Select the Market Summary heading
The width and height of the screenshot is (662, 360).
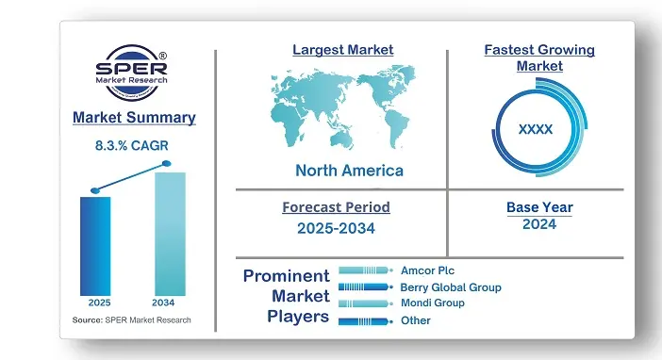coord(134,118)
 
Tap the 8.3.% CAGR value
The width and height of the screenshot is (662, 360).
coord(134,146)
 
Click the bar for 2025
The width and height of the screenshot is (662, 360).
coord(95,245)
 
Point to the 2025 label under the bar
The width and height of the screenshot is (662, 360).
coord(99,303)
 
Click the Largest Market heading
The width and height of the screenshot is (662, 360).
coord(342,49)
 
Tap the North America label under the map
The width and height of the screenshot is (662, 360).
coord(349,171)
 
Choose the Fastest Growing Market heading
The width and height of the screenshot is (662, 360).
coord(538,57)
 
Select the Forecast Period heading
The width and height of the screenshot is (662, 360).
coord(336,206)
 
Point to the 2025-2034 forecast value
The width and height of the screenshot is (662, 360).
coord(336,227)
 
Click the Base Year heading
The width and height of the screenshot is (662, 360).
coord(539,206)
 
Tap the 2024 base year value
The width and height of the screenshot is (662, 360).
coord(539,224)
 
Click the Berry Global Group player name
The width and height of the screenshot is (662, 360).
coord(451,286)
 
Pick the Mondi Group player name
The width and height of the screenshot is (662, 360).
coord(432,303)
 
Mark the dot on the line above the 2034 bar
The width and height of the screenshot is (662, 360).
coord(167,164)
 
